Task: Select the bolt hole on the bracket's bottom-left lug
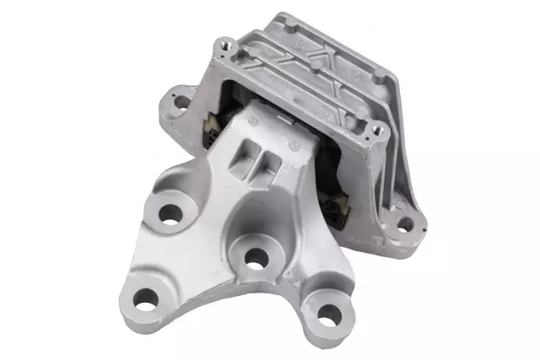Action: [x=146, y=298]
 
